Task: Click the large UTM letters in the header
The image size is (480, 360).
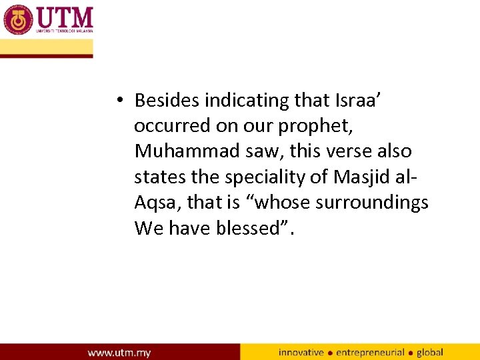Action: point(65,16)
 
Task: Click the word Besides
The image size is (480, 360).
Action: point(167,101)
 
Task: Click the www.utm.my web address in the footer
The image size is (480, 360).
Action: point(119,352)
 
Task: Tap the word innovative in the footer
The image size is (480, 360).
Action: point(301,352)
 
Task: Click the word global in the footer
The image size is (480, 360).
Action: point(429,352)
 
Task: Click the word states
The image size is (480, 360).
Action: point(157,177)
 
